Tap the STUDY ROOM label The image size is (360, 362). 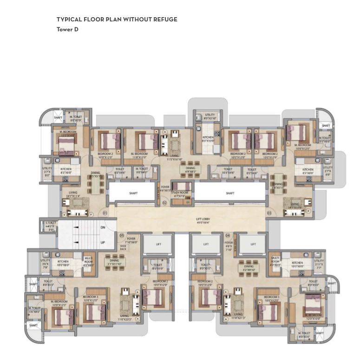180,194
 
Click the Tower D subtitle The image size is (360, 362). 67,29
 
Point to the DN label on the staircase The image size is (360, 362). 103,228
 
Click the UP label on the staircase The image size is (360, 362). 103,242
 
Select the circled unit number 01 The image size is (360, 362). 105,213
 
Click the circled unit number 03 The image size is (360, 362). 269,213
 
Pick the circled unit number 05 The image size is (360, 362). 122,235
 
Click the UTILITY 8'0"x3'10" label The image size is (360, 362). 209,116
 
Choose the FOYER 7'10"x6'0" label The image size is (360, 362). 131,240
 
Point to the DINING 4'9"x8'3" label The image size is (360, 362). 190,170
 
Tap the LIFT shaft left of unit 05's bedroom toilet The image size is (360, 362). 158,244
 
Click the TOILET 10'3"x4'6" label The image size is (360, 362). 228,171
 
